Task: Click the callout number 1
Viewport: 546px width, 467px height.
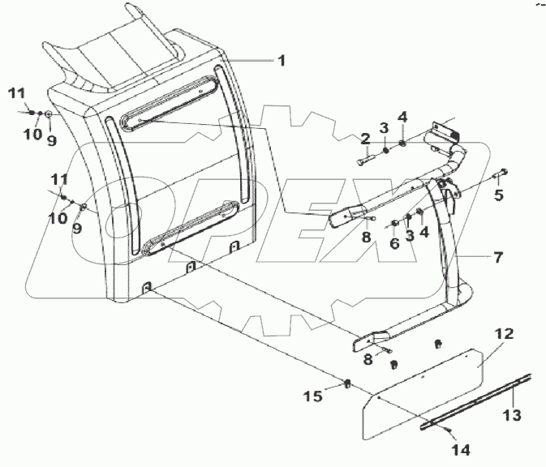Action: click(x=282, y=61)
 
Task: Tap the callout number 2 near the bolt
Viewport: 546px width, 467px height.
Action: click(x=366, y=140)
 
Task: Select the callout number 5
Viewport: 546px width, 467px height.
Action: click(x=499, y=195)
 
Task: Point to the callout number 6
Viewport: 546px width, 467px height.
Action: click(x=394, y=243)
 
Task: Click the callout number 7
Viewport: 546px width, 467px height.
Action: click(x=498, y=258)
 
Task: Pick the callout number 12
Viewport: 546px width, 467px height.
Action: click(x=504, y=334)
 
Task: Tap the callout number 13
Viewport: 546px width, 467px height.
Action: click(x=512, y=415)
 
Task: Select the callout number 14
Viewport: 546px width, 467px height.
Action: click(x=462, y=450)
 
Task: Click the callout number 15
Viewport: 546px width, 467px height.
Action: click(x=312, y=396)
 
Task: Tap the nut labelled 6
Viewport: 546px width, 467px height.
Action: click(x=395, y=223)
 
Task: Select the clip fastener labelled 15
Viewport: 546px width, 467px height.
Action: click(x=347, y=383)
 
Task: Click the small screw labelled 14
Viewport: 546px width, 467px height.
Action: click(x=449, y=431)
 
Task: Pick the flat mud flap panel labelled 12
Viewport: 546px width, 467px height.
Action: click(x=423, y=394)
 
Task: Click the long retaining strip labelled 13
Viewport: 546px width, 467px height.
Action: click(x=475, y=401)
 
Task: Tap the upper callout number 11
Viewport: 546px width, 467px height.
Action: click(x=17, y=93)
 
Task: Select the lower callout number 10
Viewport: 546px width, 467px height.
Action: click(x=58, y=218)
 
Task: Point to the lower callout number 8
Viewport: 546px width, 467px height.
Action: click(x=368, y=359)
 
